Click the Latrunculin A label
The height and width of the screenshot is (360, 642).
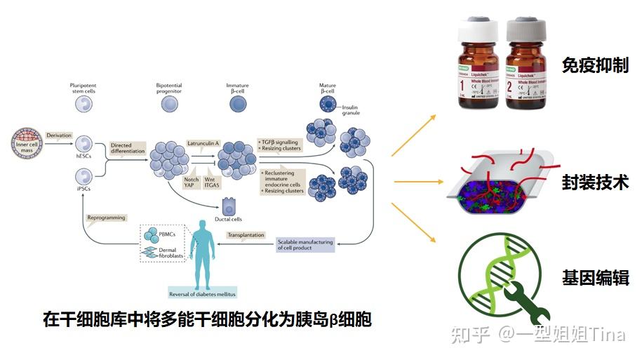203,142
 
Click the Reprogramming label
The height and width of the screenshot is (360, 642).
106,218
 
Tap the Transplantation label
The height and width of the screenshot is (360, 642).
246,235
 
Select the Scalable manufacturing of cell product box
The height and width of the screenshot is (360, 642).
305,244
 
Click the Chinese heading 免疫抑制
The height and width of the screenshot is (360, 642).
594,66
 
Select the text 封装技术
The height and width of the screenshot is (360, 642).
594,183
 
